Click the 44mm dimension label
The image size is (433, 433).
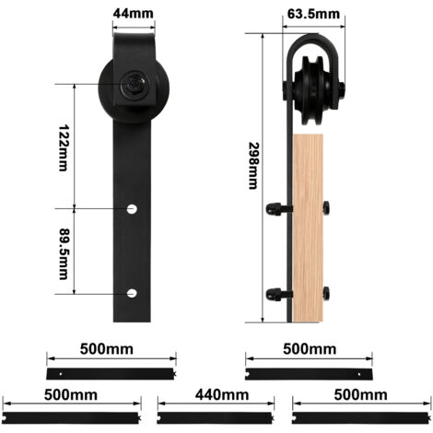(x=133, y=13)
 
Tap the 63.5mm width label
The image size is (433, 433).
(x=313, y=14)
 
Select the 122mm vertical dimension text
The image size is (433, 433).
(x=64, y=147)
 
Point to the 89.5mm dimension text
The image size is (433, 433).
(x=64, y=253)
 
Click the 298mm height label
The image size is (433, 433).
(x=253, y=166)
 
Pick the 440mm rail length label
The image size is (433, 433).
(x=222, y=395)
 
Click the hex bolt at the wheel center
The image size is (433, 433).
(x=134, y=84)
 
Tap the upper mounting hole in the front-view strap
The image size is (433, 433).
(x=132, y=209)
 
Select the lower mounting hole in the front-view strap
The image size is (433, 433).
(x=132, y=293)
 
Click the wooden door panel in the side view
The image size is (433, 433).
(x=308, y=228)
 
